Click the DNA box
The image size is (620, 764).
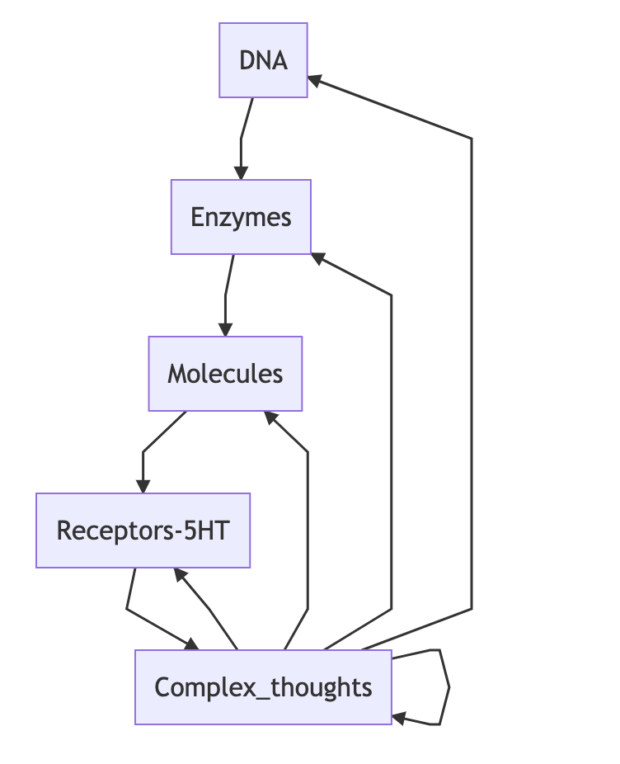(263, 60)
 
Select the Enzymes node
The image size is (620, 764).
(241, 217)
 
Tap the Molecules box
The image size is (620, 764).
(225, 374)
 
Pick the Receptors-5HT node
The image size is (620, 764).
(143, 531)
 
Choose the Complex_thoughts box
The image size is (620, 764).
(263, 687)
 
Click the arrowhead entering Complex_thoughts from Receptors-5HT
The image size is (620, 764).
(192, 644)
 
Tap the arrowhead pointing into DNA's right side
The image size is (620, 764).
(315, 80)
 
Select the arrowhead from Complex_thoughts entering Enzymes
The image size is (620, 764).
(318, 258)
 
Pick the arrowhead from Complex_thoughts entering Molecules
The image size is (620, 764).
(270, 416)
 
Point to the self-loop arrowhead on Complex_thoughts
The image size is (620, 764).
(399, 719)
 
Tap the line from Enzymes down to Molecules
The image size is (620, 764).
(227, 293)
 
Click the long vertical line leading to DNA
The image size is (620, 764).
(472, 371)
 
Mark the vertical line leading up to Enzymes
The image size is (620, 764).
(391, 454)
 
